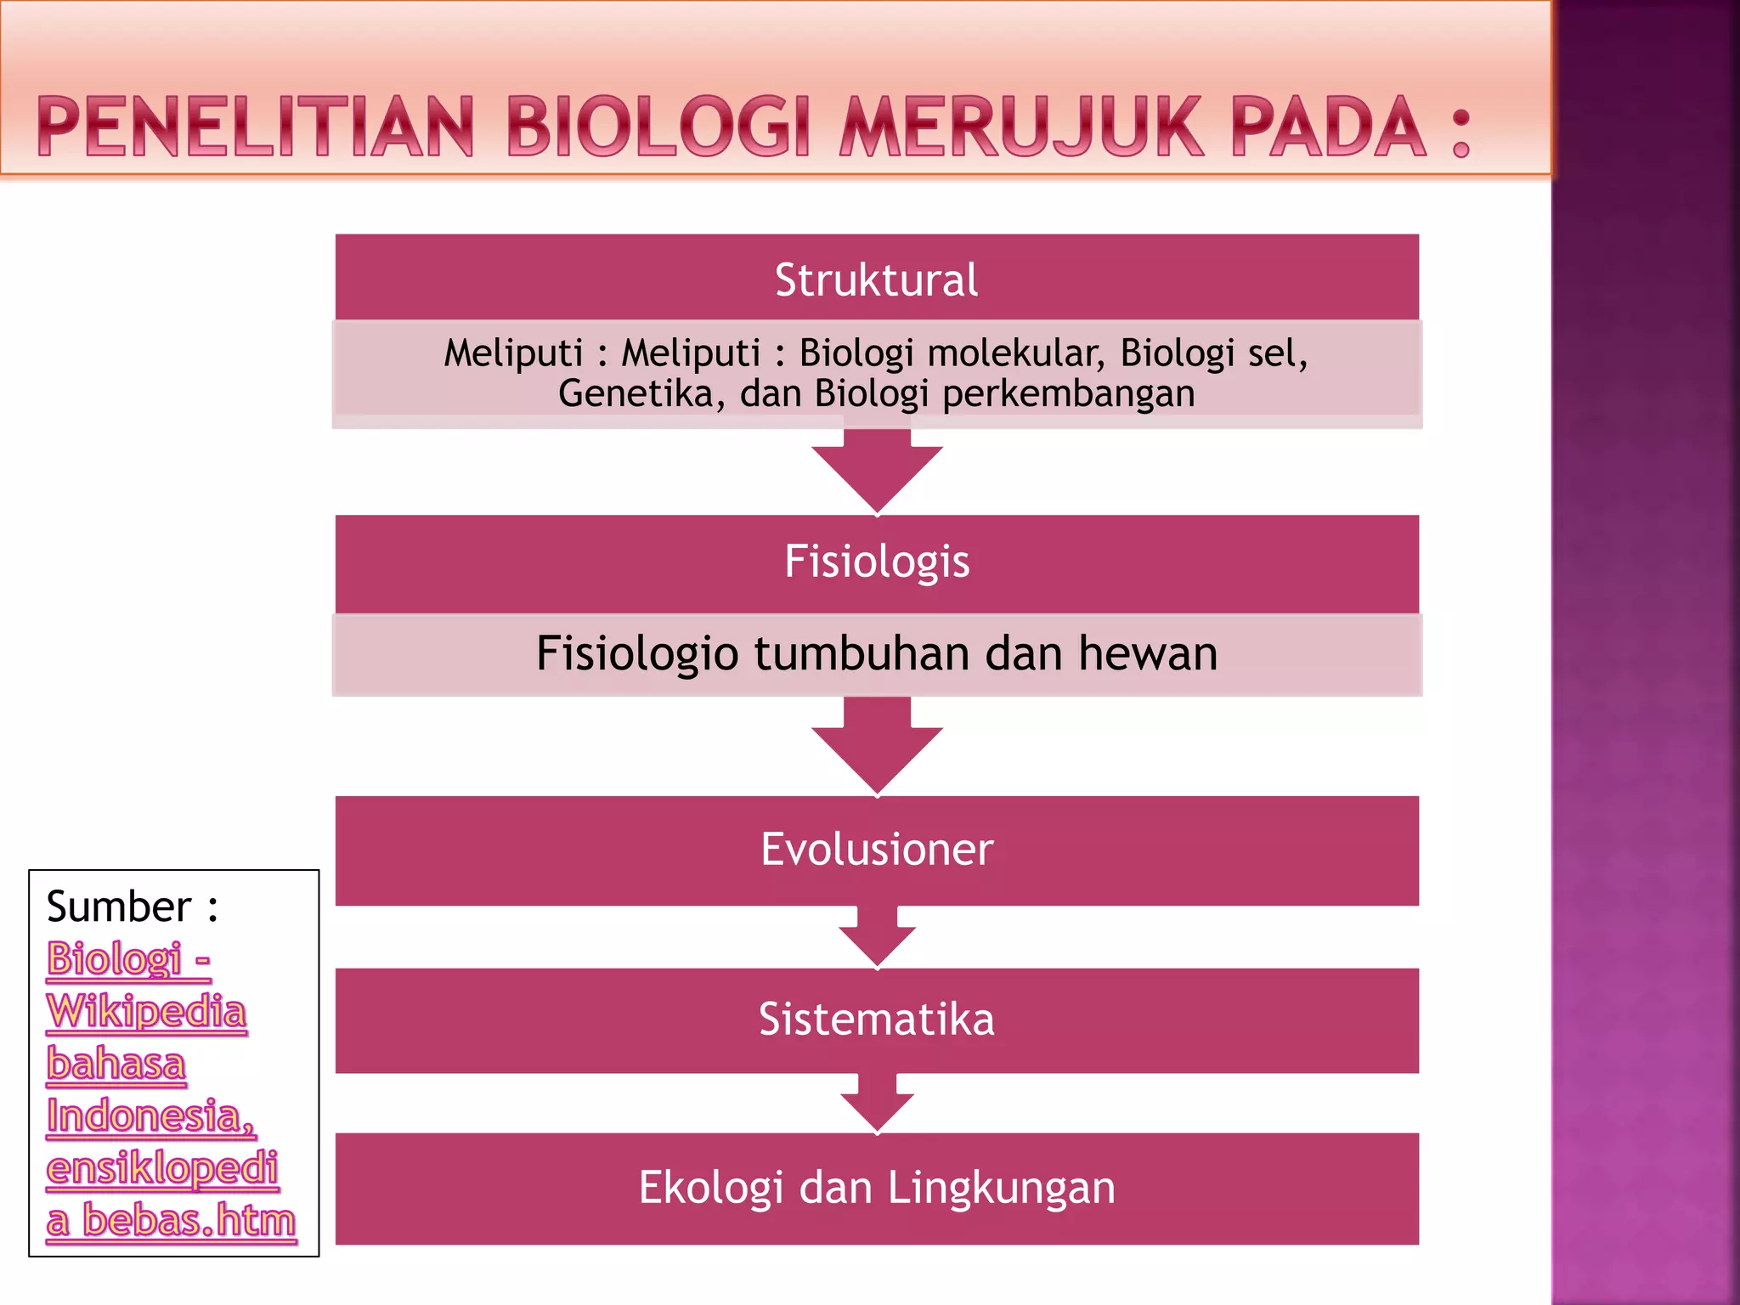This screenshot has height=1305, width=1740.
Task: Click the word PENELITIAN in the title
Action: (256, 127)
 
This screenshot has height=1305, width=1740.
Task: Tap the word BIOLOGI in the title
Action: (659, 127)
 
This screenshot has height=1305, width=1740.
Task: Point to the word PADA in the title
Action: (1329, 127)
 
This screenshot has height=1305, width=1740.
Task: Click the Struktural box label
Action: (876, 280)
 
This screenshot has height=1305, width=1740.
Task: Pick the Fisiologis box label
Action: (876, 562)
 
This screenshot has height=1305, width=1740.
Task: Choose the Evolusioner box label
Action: (876, 849)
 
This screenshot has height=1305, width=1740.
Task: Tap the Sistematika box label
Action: (876, 1019)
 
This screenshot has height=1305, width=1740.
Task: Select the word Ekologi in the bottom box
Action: (710, 1188)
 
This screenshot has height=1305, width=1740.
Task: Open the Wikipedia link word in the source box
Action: (146, 1011)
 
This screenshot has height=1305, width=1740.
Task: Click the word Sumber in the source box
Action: (119, 907)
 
